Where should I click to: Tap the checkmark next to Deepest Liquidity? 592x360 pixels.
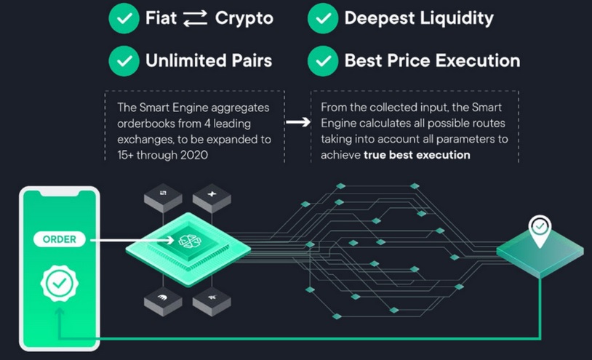[322, 19]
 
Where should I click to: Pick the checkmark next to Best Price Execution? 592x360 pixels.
[322, 60]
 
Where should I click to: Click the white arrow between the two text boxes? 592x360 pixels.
[297, 122]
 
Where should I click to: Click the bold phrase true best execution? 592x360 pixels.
[417, 155]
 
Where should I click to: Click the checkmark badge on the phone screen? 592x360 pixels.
[58, 284]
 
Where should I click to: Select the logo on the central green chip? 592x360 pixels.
[186, 239]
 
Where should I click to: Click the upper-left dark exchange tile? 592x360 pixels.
[161, 193]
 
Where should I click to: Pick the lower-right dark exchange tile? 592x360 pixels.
[212, 296]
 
